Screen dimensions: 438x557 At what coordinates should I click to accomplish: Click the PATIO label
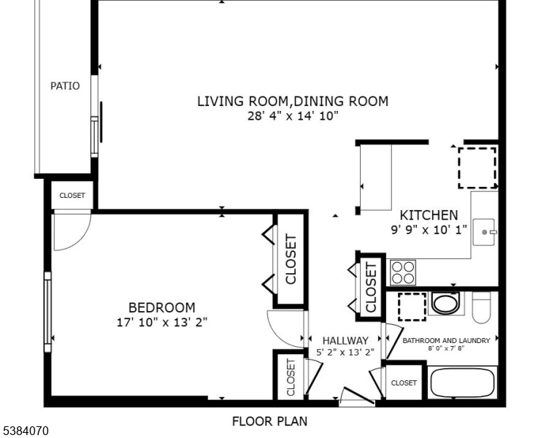pyautogui.click(x=65, y=86)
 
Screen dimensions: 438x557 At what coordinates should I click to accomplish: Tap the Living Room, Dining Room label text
pyautogui.click(x=293, y=101)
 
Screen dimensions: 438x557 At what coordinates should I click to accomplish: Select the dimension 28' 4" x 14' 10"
pyautogui.click(x=293, y=116)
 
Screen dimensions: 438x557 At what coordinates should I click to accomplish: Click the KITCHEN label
pyautogui.click(x=429, y=215)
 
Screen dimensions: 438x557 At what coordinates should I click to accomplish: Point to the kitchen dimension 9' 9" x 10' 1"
pyautogui.click(x=429, y=229)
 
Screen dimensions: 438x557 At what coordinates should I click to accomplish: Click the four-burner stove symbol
pyautogui.click(x=402, y=272)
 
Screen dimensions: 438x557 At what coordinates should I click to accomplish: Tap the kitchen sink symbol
pyautogui.click(x=485, y=232)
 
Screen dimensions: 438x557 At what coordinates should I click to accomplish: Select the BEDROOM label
pyautogui.click(x=162, y=308)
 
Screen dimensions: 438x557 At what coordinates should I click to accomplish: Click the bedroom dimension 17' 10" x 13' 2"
pyautogui.click(x=162, y=322)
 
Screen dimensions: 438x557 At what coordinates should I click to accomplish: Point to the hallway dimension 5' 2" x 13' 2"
pyautogui.click(x=345, y=352)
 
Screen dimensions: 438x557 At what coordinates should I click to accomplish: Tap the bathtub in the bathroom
pyautogui.click(x=462, y=383)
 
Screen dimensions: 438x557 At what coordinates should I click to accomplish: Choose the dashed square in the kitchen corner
pyautogui.click(x=477, y=167)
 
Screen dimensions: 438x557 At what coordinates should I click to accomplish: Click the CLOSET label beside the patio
pyautogui.click(x=72, y=196)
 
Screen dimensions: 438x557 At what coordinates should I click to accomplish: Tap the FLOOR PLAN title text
pyautogui.click(x=269, y=421)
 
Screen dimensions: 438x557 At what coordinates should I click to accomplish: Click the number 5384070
pyautogui.click(x=25, y=431)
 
